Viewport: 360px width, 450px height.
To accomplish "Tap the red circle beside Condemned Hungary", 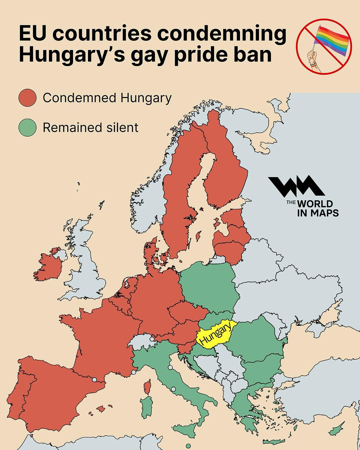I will click(27, 98).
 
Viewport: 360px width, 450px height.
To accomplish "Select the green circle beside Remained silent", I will click(27, 127).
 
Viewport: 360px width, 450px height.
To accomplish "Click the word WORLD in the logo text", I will click(315, 204).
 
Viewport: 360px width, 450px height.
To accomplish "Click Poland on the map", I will click(208, 287).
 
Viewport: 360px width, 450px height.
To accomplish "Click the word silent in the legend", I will click(122, 128).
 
